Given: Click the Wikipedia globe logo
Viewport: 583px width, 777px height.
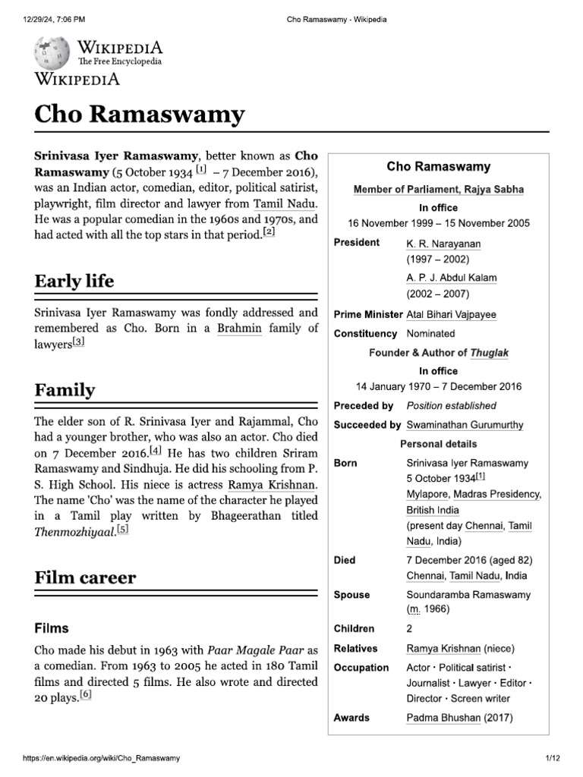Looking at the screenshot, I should point(52,52).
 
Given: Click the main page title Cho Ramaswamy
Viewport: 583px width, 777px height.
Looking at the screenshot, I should point(140,115).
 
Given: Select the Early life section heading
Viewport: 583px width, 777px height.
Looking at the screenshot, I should point(74,281).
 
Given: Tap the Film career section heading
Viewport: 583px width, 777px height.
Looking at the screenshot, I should point(86,577).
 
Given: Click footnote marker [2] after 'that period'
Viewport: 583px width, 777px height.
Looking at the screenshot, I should point(268,233).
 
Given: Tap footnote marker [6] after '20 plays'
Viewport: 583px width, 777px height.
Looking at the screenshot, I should point(85,695).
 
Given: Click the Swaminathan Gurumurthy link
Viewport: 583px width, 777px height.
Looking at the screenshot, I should point(465,425).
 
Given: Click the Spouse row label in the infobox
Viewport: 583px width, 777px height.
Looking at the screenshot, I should point(352,595).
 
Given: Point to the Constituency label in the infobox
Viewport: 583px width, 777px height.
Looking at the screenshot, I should point(365,333).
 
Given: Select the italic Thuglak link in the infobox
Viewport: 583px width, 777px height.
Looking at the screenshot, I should point(490,353).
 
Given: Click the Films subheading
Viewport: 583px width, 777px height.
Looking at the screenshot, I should point(52,628).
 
